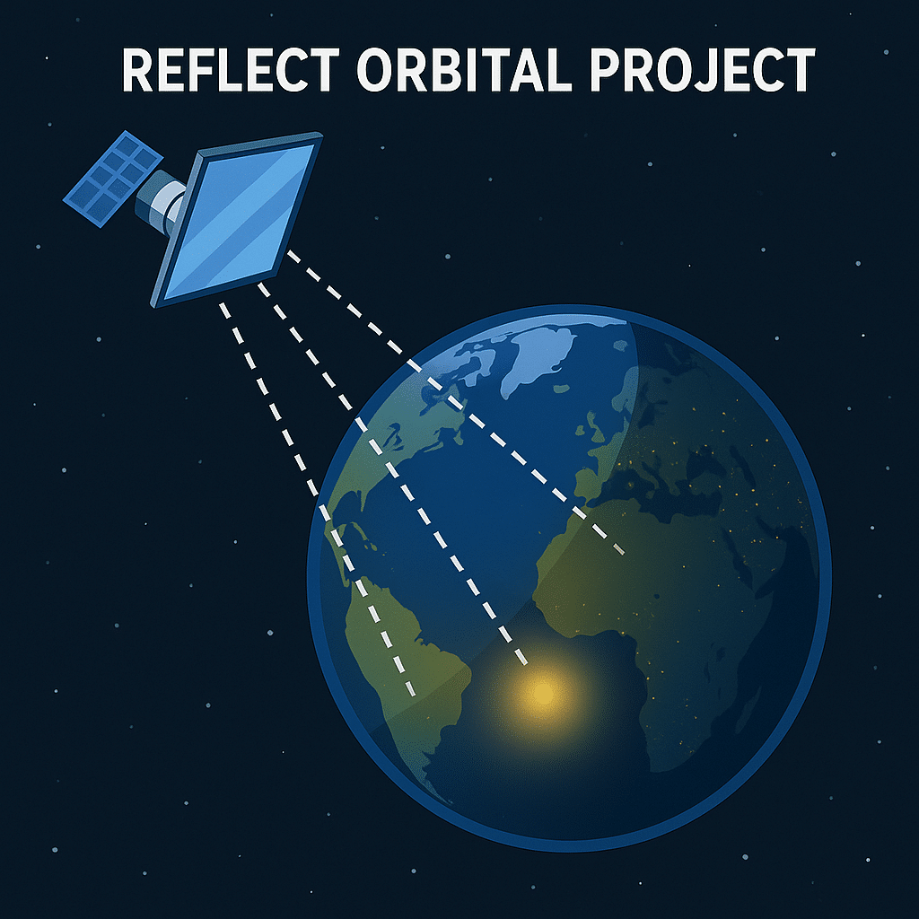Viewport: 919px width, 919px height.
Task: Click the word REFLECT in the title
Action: pyautogui.click(x=231, y=70)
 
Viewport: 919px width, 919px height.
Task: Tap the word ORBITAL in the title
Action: pyautogui.click(x=464, y=70)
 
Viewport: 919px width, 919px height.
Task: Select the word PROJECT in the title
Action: pyautogui.click(x=702, y=70)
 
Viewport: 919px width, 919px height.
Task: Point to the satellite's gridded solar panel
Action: pyautogui.click(x=112, y=179)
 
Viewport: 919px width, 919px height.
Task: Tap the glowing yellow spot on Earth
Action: pyautogui.click(x=543, y=694)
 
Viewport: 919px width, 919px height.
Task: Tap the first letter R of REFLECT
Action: pyautogui.click(x=137, y=70)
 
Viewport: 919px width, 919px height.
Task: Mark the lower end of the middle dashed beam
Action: pyautogui.click(x=524, y=661)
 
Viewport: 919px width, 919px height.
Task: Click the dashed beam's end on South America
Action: pyautogui.click(x=413, y=693)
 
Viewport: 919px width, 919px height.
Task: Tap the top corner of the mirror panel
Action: pyautogui.click(x=320, y=136)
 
